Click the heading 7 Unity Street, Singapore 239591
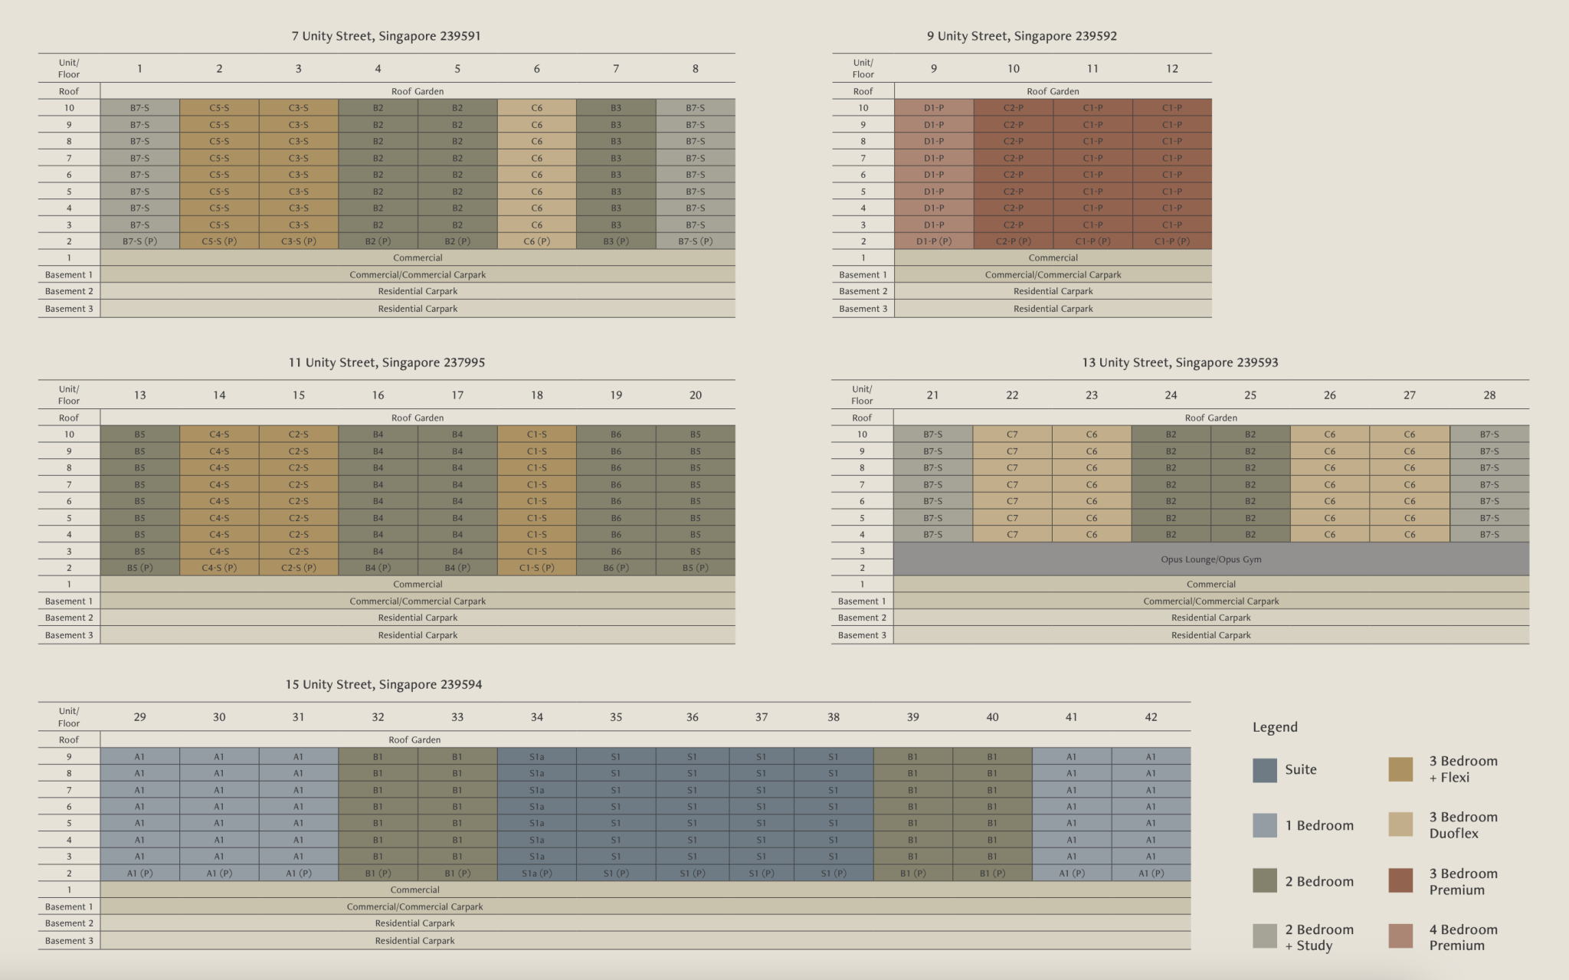[386, 36]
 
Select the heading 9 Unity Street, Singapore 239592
[1021, 36]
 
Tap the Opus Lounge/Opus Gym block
[1210, 559]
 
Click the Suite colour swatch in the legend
[1265, 770]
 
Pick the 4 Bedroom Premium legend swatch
[1400, 936]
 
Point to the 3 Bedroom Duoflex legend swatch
[1400, 824]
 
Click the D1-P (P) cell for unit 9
[933, 241]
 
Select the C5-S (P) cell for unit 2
[219, 241]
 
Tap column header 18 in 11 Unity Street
[536, 395]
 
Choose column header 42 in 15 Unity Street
[1151, 717]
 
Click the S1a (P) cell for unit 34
[536, 873]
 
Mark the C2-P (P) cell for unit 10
[1013, 241]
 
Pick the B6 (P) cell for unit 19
[616, 568]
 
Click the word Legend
[1275, 727]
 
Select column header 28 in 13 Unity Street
[1489, 395]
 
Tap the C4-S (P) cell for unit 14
[219, 568]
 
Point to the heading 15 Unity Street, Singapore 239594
[384, 684]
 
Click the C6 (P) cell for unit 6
[536, 241]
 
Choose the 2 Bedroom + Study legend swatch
[1265, 936]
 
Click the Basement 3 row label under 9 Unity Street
[863, 309]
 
